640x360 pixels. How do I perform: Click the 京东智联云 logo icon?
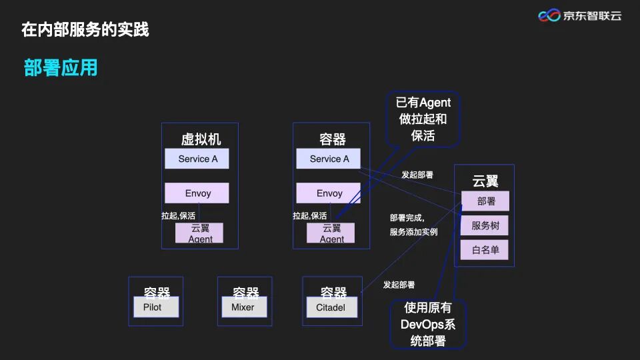click(549, 15)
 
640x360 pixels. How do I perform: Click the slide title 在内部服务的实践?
click(85, 29)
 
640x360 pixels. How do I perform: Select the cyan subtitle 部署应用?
click(61, 67)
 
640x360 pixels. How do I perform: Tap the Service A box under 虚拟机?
click(197, 159)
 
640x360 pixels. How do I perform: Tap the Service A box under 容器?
click(329, 159)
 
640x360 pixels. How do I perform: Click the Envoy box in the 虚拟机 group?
click(197, 193)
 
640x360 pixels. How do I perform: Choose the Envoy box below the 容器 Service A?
click(329, 193)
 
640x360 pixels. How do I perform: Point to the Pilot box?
click(156, 307)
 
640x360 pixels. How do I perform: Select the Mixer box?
click(243, 307)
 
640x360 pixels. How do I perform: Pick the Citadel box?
click(331, 307)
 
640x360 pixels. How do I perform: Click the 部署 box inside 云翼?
click(485, 201)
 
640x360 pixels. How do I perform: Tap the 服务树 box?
click(485, 225)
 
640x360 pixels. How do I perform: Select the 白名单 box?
click(485, 251)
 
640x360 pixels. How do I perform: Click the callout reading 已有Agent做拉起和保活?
click(423, 119)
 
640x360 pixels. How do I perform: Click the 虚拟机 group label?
click(201, 139)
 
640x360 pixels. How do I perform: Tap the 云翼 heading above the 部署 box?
click(485, 181)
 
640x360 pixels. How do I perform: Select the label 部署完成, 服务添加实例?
click(413, 225)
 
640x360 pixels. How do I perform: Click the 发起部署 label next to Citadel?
click(399, 285)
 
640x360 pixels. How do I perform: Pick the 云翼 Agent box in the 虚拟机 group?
click(199, 233)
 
